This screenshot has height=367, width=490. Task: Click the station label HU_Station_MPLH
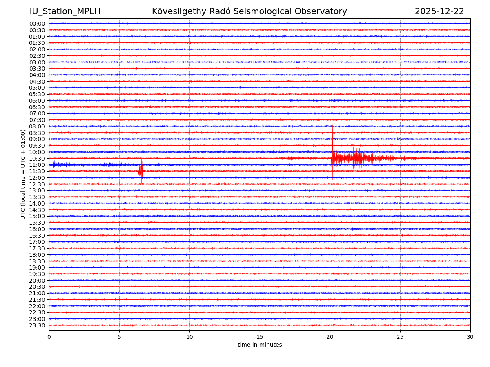pyautogui.click(x=63, y=12)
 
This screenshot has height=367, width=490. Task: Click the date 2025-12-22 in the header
pyautogui.click(x=439, y=12)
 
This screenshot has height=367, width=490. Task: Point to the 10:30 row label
pyautogui.click(x=37, y=159)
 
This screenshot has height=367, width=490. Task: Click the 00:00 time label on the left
pyautogui.click(x=37, y=24)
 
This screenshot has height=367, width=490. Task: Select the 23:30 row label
pyautogui.click(x=37, y=325)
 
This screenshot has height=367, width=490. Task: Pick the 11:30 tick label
pyautogui.click(x=37, y=171)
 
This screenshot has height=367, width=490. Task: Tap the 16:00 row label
pyautogui.click(x=37, y=229)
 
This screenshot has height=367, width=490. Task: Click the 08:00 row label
pyautogui.click(x=37, y=126)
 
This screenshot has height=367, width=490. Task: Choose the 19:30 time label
pyautogui.click(x=37, y=274)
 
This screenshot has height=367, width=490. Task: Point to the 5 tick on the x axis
pyautogui.click(x=119, y=337)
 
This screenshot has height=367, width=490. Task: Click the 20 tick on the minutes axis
pyautogui.click(x=330, y=337)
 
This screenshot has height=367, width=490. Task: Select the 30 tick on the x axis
pyautogui.click(x=470, y=337)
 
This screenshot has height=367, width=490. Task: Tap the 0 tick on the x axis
pyautogui.click(x=49, y=337)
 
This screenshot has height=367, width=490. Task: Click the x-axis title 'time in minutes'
pyautogui.click(x=260, y=345)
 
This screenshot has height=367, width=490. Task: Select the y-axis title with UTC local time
pyautogui.click(x=24, y=174)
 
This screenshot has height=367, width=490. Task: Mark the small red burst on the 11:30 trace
pyautogui.click(x=141, y=171)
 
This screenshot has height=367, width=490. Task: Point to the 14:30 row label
pyautogui.click(x=37, y=210)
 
